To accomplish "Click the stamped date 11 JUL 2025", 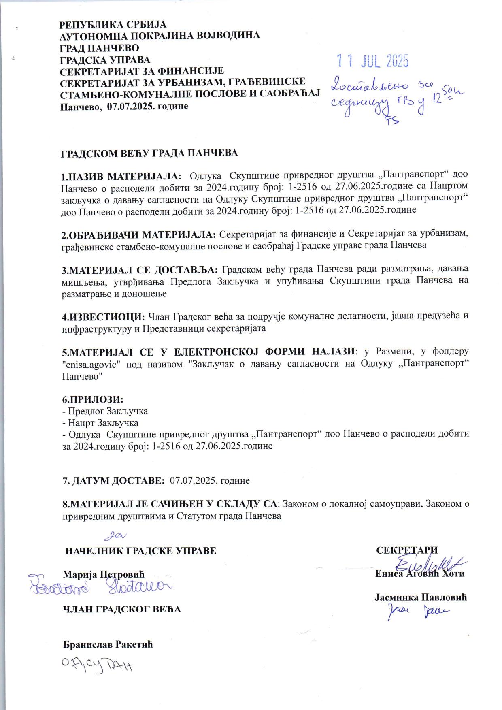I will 373,61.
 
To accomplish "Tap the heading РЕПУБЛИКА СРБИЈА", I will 113,24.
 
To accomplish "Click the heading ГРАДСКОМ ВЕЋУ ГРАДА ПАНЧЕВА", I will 149,153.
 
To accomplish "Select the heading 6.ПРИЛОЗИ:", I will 92,399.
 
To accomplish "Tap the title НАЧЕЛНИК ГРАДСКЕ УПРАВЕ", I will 140,551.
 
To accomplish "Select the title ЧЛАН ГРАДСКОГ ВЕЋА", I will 121,609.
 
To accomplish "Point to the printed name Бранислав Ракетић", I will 108,644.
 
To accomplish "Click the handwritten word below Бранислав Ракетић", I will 97,665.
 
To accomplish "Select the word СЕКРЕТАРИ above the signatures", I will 407,550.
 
